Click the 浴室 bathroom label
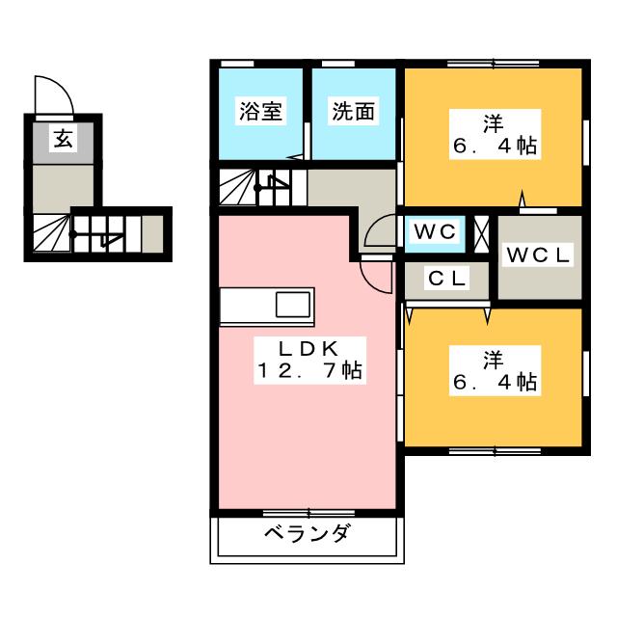[x=260, y=111]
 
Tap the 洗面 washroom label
[x=353, y=111]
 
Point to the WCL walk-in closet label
[x=540, y=255]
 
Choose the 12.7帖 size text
[x=308, y=370]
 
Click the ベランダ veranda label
[x=306, y=535]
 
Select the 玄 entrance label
[x=62, y=140]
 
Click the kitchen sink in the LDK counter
[x=293, y=306]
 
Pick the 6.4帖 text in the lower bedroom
[x=495, y=382]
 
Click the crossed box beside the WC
[x=482, y=232]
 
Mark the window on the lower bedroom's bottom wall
[x=495, y=449]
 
